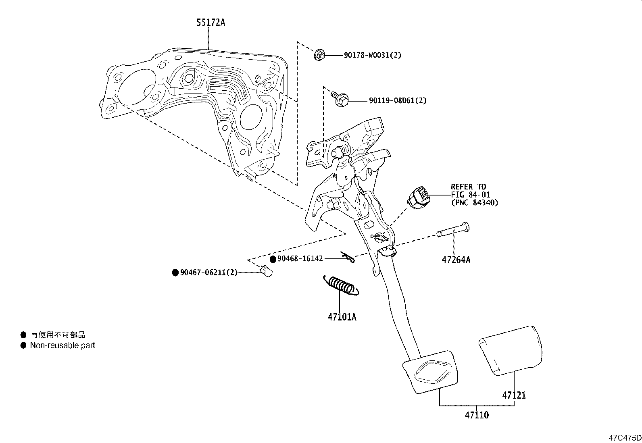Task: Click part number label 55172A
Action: pos(211,23)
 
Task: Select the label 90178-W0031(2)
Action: pos(372,55)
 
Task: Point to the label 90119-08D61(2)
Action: pos(397,100)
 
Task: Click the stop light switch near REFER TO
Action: pos(418,198)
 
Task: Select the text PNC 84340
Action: pos(474,202)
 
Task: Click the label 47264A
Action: pos(456,260)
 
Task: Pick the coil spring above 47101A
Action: pos(341,286)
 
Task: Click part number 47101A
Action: pos(342,317)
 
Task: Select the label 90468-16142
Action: pos(300,258)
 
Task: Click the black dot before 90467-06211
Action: pos(175,273)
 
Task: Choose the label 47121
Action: pos(514,395)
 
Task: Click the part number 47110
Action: pos(476,415)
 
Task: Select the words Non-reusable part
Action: pos(63,345)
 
